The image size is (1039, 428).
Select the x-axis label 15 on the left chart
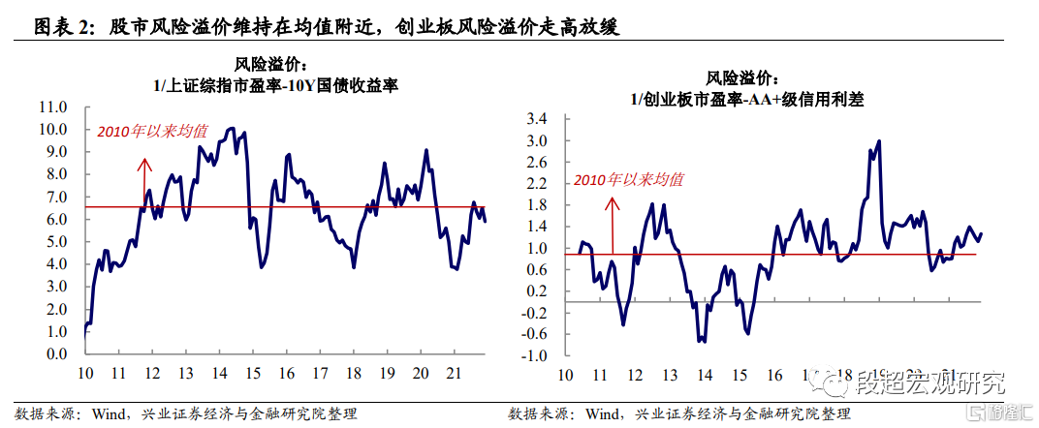coord(252,373)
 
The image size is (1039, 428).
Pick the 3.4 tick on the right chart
coord(536,119)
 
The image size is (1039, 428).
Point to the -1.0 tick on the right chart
coord(534,354)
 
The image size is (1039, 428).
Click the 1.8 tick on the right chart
coord(536,205)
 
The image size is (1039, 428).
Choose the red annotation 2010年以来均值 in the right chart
coord(628,179)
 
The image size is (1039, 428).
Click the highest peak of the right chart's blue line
coord(878,141)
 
